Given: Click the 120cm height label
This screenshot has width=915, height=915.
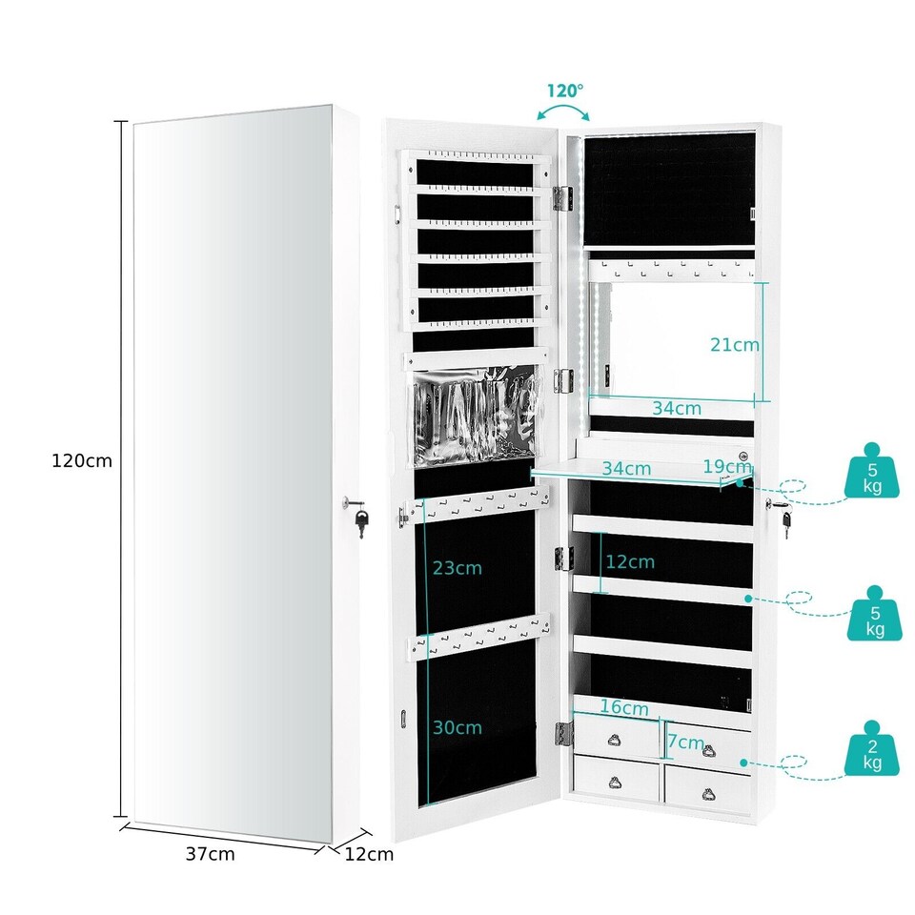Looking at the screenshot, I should pos(82,461).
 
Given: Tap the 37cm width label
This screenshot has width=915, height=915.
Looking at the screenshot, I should pos(210,854).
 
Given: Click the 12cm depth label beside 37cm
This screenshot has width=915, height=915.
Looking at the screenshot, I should pos(370,854).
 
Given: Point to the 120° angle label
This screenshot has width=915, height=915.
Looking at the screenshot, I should pos(564,91).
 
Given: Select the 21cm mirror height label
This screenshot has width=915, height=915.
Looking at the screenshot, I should pos(734,344).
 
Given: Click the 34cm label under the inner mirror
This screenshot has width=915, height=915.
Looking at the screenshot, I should pos(678,408).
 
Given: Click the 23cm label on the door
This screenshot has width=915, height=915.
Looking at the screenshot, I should pos(457,568).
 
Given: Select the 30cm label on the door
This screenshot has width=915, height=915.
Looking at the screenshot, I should pos(457,727).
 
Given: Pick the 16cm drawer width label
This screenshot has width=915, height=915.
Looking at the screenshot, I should pos(624,708).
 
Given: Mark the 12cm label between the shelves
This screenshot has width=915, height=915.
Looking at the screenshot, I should pos(629,561).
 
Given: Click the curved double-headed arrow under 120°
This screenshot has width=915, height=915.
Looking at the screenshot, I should pos(565,112).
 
